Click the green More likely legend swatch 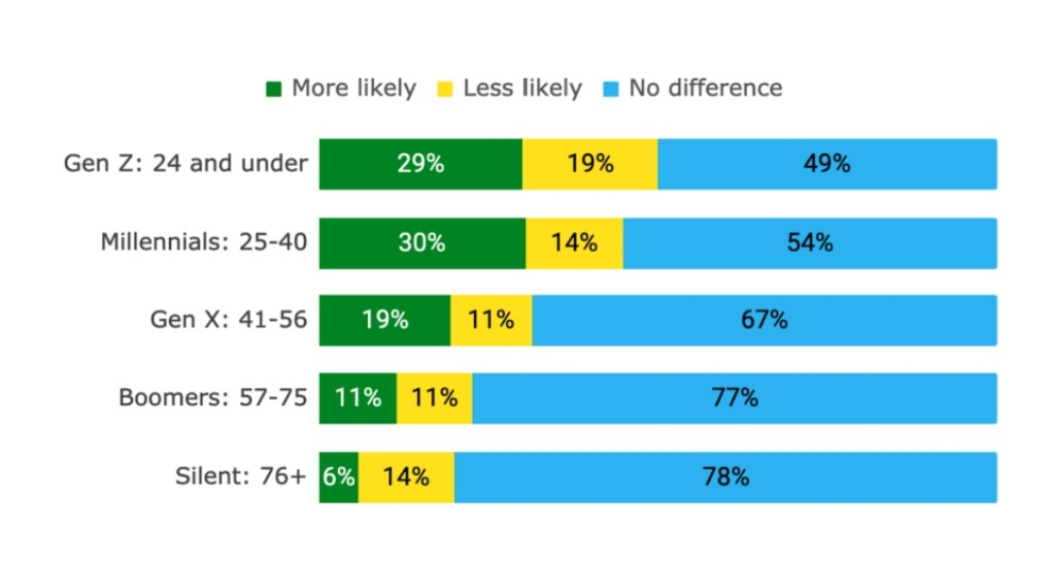point(274,89)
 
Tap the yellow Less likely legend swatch point(445,89)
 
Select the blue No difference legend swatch point(611,89)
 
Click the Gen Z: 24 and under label point(186,163)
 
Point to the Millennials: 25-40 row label point(204,242)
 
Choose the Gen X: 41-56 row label point(228,319)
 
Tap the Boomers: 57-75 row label point(213,398)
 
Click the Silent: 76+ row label point(240,477)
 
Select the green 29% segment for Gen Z point(421,164)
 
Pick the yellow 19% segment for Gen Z point(590,164)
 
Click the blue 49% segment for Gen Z point(827,164)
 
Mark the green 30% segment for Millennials point(423,243)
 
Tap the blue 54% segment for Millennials point(809,243)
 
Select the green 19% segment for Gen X point(385,320)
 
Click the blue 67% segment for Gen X point(763,320)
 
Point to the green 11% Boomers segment point(357,398)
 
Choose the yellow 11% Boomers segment point(434,398)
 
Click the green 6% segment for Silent point(338,477)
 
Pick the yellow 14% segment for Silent point(406,477)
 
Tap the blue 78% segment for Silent point(726,477)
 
